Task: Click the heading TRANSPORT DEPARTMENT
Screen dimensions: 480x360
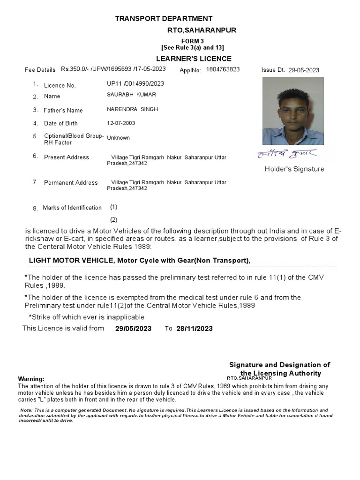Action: pyautogui.click(x=164, y=18)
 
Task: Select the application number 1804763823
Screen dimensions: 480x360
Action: pyautogui.click(x=223, y=69)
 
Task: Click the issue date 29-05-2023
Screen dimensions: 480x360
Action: pyautogui.click(x=303, y=70)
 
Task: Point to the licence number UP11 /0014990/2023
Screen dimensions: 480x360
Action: pyautogui.click(x=136, y=83)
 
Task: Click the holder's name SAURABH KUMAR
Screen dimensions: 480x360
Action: pyautogui.click(x=132, y=95)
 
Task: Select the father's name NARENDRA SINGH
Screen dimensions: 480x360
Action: pyautogui.click(x=133, y=109)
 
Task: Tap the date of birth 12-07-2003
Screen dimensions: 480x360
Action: pyautogui.click(x=121, y=123)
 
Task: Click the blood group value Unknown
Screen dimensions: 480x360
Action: pyautogui.click(x=119, y=138)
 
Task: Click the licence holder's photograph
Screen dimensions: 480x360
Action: pyautogui.click(x=293, y=111)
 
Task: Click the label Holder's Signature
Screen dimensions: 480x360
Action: pyautogui.click(x=294, y=169)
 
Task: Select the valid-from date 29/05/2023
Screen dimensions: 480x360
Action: pyautogui.click(x=133, y=329)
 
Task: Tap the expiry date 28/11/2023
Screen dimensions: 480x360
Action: pyautogui.click(x=195, y=329)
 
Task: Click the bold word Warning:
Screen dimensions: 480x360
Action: pyautogui.click(x=31, y=379)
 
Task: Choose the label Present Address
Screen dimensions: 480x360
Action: pyautogui.click(x=66, y=157)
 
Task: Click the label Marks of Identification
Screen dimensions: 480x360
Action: pyautogui.click(x=72, y=208)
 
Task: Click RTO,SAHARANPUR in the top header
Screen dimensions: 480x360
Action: pyautogui.click(x=202, y=30)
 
